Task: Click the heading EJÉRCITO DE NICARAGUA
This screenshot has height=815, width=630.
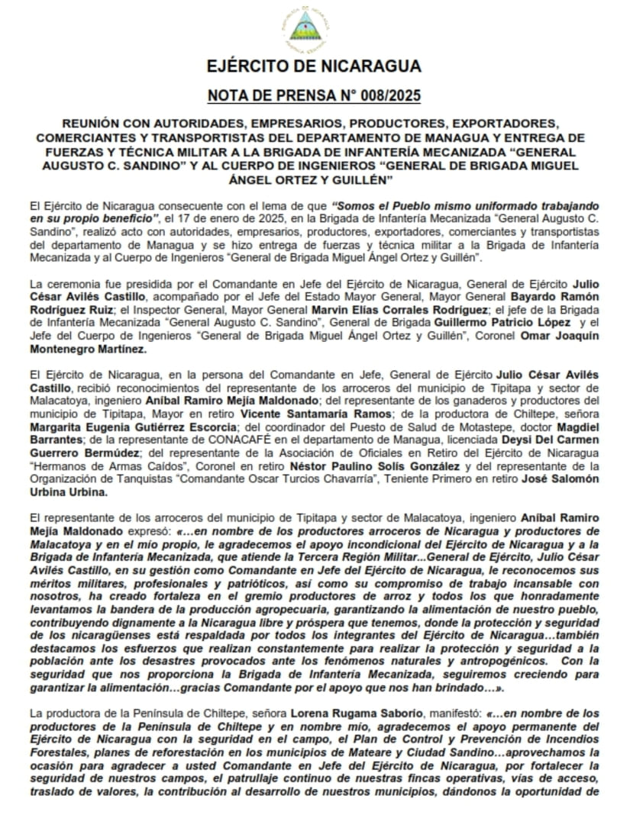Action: tap(314, 66)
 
